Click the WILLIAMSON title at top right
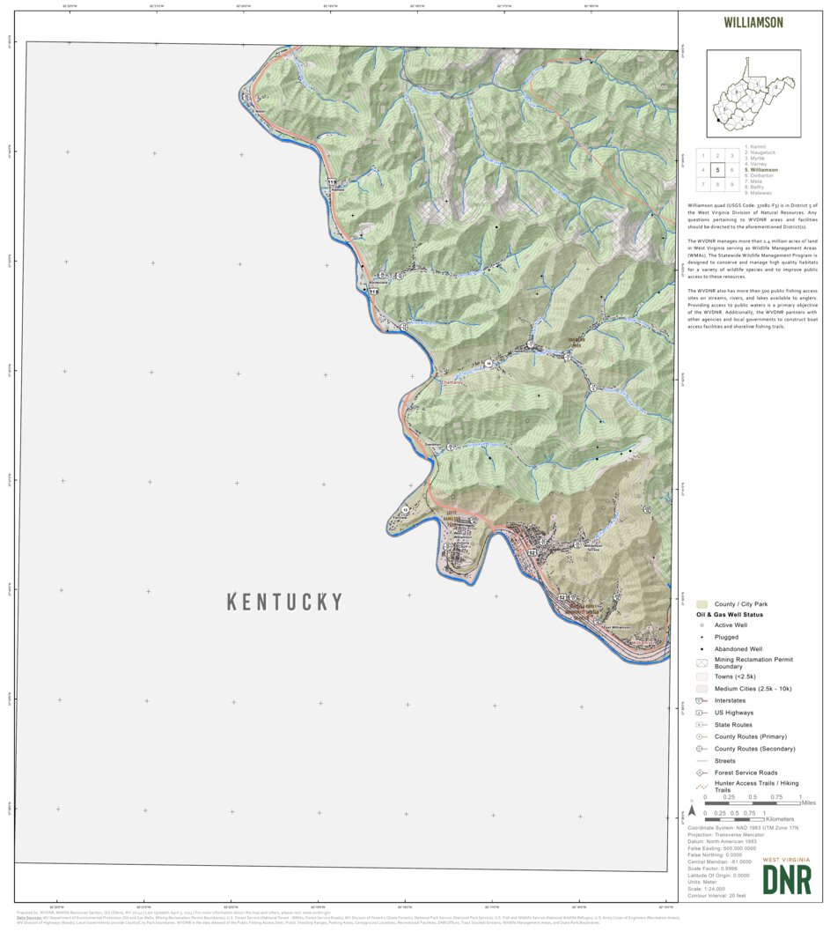753,22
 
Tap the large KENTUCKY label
284,602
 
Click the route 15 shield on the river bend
405,510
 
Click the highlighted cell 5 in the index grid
717,170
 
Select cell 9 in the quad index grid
732,184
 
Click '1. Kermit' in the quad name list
756,146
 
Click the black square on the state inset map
719,120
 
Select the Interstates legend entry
730,700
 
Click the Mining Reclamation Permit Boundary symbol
701,662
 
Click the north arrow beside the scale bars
692,810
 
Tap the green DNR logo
787,879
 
